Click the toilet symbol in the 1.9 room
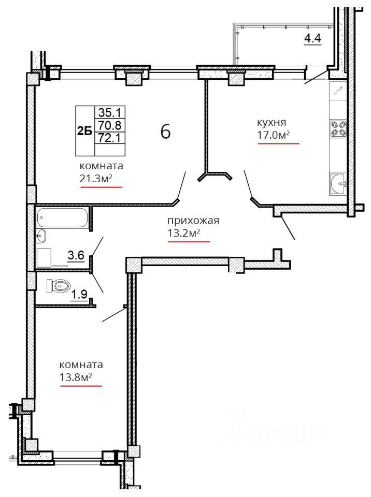click(x=58, y=286)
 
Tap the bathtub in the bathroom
click(x=62, y=217)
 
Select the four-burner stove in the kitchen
click(x=338, y=128)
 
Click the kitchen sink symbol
click(x=338, y=183)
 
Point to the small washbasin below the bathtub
click(x=41, y=236)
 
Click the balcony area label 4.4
click(x=312, y=38)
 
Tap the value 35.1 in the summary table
click(x=109, y=112)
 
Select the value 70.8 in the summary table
click(x=109, y=125)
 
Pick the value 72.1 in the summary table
click(x=109, y=138)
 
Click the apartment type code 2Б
click(x=85, y=131)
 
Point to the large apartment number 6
click(x=166, y=131)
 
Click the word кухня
click(x=272, y=122)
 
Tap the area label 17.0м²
click(x=273, y=135)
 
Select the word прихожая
click(x=193, y=221)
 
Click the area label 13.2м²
click(x=184, y=233)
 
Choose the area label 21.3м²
click(x=96, y=179)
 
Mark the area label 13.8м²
click(x=76, y=377)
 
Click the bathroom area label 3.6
click(x=76, y=255)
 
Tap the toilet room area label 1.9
click(x=79, y=295)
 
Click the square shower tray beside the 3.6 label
click(x=44, y=258)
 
